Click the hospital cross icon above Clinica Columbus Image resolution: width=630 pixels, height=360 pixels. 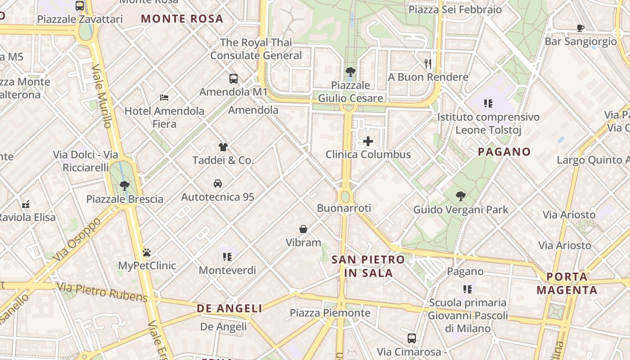tap(368, 141)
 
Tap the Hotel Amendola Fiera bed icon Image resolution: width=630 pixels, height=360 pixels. tap(164, 97)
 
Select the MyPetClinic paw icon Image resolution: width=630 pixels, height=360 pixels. tap(147, 252)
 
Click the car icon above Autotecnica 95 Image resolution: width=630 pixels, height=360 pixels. tap(218, 184)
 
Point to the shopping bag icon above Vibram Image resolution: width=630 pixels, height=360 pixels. tap(303, 229)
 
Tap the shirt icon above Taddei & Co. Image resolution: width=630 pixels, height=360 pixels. tap(223, 147)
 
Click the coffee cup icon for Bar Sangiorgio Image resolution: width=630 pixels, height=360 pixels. tap(580, 28)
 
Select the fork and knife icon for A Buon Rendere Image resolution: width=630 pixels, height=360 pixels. tap(428, 64)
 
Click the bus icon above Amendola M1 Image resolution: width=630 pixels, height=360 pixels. tap(234, 79)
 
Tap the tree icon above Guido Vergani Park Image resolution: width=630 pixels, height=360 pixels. tap(460, 196)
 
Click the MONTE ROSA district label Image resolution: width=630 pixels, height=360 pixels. tap(182, 19)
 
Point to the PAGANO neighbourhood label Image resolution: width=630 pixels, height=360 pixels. tap(504, 152)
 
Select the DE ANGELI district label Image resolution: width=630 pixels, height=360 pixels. tap(229, 308)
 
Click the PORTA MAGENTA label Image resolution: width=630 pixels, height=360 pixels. tap(567, 283)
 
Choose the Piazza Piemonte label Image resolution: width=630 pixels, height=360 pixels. tap(330, 313)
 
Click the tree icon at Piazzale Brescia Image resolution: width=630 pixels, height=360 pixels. tap(125, 185)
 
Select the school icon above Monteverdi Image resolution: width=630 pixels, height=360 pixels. tap(227, 257)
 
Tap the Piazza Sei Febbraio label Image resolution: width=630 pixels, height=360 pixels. tap(455, 9)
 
